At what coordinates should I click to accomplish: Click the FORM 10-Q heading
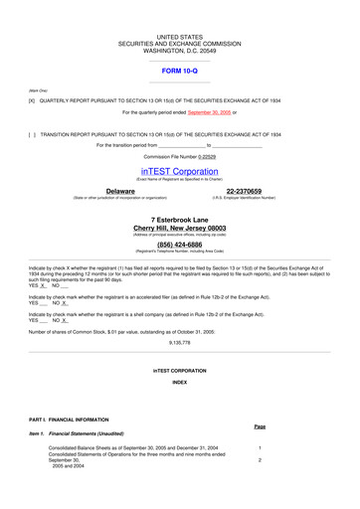[x=180, y=72]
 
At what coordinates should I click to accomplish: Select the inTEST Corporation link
[x=179, y=171]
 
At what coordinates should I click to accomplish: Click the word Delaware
[x=120, y=190]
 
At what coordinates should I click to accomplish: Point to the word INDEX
[x=180, y=382]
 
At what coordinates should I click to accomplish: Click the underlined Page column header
[x=260, y=425]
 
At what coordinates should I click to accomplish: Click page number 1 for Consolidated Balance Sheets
[x=260, y=448]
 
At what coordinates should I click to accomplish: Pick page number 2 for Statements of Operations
[x=260, y=460]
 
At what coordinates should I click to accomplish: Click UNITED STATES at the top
[x=180, y=37]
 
